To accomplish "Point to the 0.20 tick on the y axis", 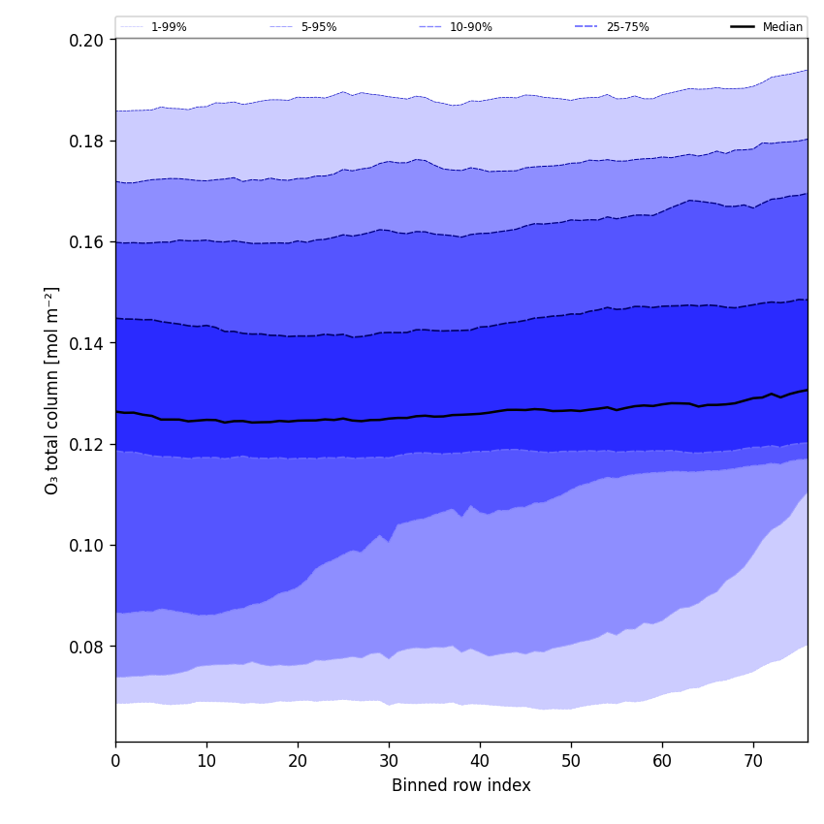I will point(89,40).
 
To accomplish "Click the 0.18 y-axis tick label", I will point(89,141).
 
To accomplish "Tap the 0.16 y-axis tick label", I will point(89,241).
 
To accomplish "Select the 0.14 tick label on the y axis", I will point(89,343).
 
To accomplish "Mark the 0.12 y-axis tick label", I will point(89,444).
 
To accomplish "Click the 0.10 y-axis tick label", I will point(89,545).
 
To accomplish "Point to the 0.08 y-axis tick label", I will point(89,647).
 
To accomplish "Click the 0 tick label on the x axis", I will point(115,761).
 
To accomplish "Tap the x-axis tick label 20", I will point(298,761).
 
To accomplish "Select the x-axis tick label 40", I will point(480,761).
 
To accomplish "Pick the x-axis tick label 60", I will point(662,761).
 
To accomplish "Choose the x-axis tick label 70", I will point(753,761).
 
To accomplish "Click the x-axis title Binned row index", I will point(461,785).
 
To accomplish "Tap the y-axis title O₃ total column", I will point(52,390).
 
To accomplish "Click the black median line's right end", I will point(807,390).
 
